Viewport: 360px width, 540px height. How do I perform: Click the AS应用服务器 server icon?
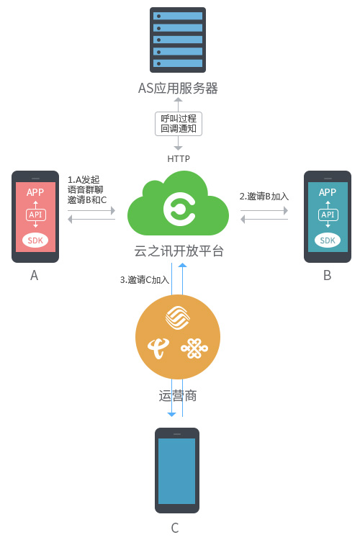pyautogui.click(x=178, y=40)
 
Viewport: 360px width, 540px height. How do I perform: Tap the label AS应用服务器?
pyautogui.click(x=178, y=88)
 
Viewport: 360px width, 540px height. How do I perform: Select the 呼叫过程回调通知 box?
pyautogui.click(x=179, y=124)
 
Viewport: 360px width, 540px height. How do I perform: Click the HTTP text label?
pyautogui.click(x=179, y=159)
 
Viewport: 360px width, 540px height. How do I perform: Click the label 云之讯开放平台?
pyautogui.click(x=179, y=251)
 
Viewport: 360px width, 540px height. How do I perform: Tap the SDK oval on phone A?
pyautogui.click(x=35, y=240)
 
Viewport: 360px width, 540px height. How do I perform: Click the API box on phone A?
pyautogui.click(x=35, y=215)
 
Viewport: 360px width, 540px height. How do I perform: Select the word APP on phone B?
pyautogui.click(x=328, y=192)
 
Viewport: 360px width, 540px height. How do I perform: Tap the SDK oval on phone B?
pyautogui.click(x=328, y=240)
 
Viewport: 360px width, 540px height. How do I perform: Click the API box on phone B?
pyautogui.click(x=328, y=215)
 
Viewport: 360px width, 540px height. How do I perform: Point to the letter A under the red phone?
pyautogui.click(x=34, y=276)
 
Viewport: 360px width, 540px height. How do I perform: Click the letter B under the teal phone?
pyautogui.click(x=328, y=276)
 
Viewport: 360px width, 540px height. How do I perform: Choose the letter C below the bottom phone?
pyautogui.click(x=175, y=528)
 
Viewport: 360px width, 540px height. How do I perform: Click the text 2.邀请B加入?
pyautogui.click(x=264, y=197)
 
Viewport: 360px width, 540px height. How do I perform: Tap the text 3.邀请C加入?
pyautogui.click(x=144, y=279)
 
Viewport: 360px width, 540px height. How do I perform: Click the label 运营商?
pyautogui.click(x=178, y=396)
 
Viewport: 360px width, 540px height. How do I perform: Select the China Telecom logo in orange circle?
pyautogui.click(x=158, y=348)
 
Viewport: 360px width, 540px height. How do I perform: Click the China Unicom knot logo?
pyautogui.click(x=194, y=348)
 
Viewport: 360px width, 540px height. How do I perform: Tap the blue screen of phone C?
pyautogui.click(x=176, y=471)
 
